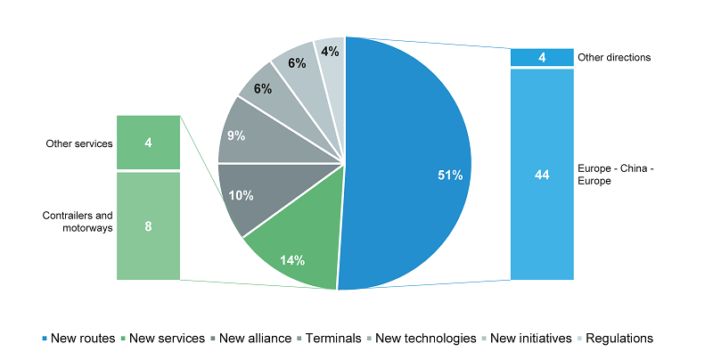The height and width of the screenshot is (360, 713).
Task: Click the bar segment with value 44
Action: point(541,175)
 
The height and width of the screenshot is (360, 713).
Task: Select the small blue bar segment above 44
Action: point(541,57)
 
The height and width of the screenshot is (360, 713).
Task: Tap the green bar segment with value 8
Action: point(148,226)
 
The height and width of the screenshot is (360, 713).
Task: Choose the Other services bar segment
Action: point(148,142)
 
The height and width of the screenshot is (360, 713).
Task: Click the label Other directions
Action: point(614,57)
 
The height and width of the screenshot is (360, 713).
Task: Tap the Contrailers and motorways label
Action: point(78,221)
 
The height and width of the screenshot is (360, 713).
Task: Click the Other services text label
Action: point(78,142)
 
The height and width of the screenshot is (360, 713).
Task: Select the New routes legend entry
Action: point(80,338)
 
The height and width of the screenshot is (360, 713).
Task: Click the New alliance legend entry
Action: point(251,338)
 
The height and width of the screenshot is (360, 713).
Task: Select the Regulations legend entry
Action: point(615,338)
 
